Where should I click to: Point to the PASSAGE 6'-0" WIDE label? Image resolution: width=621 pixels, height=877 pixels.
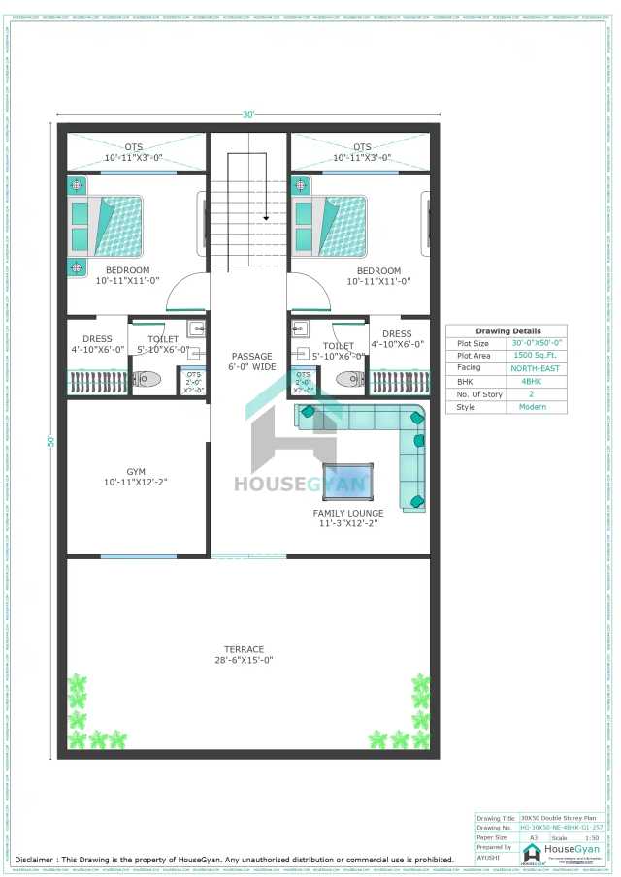tap(252, 361)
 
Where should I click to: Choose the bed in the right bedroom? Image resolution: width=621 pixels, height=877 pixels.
tap(330, 226)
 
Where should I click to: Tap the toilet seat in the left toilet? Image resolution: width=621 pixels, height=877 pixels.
tap(148, 379)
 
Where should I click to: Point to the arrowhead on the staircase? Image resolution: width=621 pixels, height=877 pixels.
tap(265, 216)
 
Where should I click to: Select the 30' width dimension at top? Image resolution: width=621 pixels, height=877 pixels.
tap(248, 115)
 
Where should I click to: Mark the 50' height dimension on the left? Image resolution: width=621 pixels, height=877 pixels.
tap(49, 440)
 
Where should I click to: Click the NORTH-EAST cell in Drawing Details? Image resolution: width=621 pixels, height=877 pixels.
tap(536, 369)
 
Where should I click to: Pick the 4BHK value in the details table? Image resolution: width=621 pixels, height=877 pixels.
tap(536, 382)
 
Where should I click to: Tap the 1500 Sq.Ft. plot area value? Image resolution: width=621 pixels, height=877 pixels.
tap(536, 356)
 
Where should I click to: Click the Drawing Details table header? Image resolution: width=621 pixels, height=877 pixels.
tap(506, 331)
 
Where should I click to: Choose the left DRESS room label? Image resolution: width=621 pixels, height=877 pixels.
tap(97, 344)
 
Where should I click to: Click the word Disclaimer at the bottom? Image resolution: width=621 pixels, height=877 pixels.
tap(34, 860)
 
